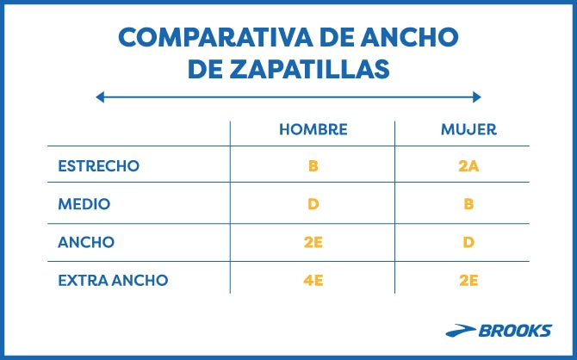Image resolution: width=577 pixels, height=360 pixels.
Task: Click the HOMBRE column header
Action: tap(313, 130)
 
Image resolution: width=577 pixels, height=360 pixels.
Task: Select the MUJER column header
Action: tap(468, 130)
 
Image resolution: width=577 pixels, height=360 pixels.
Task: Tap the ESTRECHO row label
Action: tap(97, 164)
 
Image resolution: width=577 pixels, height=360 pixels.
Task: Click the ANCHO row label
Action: tap(86, 243)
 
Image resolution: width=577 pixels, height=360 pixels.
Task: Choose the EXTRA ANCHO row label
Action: tap(113, 280)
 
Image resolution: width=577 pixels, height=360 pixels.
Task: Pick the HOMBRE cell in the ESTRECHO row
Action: tap(313, 164)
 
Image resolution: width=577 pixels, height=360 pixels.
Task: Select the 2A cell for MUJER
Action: tap(468, 164)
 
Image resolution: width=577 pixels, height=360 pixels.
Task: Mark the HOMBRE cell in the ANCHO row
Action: tap(313, 243)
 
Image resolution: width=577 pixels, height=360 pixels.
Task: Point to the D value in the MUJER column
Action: tap(468, 243)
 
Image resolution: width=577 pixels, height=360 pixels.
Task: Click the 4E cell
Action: tap(313, 280)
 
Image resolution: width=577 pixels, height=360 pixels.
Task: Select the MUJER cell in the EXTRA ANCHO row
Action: tap(468, 280)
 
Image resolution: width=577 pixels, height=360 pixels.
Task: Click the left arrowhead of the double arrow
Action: tap(100, 97)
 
